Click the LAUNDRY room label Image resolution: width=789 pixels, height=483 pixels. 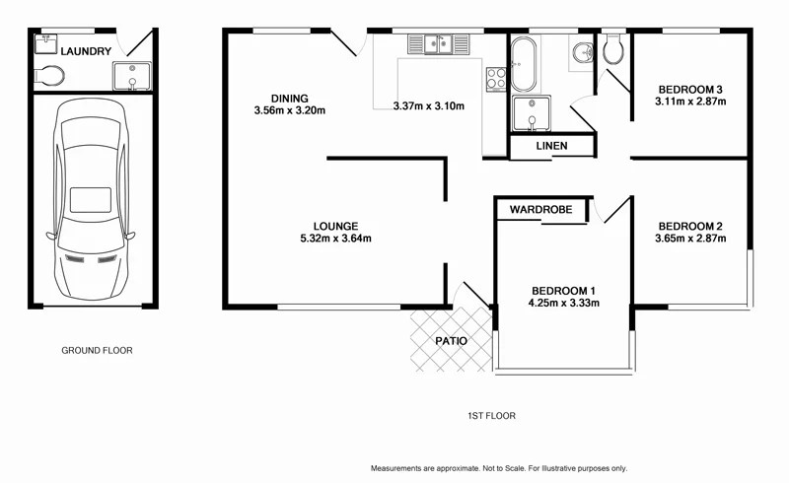pos(84,51)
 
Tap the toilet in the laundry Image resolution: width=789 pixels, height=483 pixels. pos(49,76)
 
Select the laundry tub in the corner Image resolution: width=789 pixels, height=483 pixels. pos(45,42)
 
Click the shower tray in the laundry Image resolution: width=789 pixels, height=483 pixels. pos(129,76)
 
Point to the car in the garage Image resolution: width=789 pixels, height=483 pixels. pos(91,197)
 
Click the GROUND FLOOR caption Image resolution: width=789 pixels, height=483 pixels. pos(97,350)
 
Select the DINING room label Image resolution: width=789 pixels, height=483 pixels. pos(290,98)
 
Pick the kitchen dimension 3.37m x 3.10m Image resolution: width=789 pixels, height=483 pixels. pos(428,106)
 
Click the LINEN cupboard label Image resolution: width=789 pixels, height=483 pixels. pos(551,147)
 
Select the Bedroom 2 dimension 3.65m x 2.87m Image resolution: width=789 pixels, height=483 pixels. pos(690,238)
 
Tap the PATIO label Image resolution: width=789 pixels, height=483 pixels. pos(451,341)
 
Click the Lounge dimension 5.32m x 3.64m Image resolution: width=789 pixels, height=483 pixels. pos(335,239)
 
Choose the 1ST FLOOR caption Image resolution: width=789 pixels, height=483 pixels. pos(491,416)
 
